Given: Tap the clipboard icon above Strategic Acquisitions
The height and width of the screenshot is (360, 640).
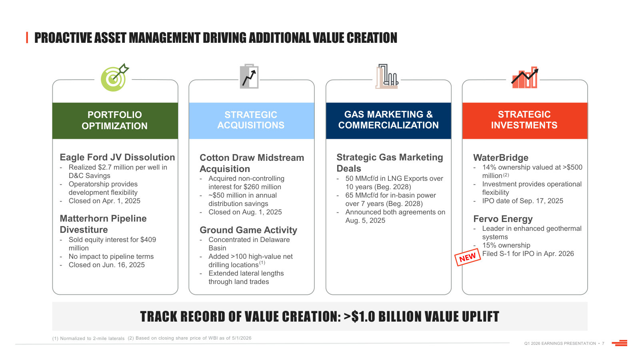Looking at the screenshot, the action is point(249,76).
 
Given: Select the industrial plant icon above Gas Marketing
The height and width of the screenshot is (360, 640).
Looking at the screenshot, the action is point(387,76).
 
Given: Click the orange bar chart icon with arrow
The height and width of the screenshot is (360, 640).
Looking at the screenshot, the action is point(525,78).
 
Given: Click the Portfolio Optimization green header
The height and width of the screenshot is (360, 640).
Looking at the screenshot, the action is point(115,120).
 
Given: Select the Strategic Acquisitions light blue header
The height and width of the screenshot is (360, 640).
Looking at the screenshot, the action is point(252,120).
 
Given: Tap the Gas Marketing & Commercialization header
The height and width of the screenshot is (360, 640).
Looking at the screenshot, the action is point(388,120).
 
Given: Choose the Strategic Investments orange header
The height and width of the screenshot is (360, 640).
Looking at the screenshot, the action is point(525,120).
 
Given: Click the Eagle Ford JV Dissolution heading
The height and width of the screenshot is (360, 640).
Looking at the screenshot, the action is point(117,157).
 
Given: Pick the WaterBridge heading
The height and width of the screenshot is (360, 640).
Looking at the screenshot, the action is point(500,158).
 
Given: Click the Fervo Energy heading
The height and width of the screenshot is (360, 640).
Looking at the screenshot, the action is point(503,219).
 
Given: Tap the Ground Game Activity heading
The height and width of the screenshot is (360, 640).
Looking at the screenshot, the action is point(248,230).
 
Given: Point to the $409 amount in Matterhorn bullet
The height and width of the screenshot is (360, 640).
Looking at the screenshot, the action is point(148,240).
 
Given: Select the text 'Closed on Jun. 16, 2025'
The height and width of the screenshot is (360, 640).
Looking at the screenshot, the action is point(106,265).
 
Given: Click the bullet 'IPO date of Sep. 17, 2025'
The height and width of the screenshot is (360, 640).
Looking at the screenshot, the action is point(522,201).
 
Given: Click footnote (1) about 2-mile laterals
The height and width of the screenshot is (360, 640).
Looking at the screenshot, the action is point(88,338).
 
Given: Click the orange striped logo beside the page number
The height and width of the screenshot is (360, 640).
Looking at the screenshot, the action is point(620,343).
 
